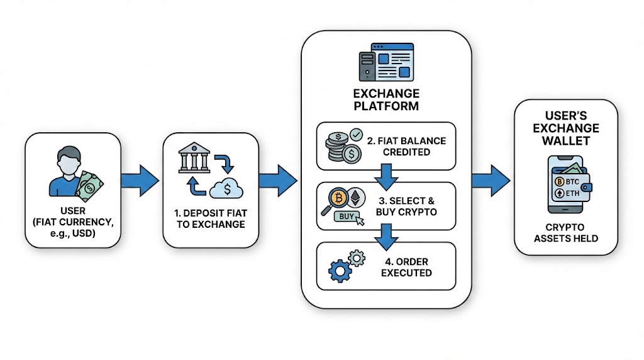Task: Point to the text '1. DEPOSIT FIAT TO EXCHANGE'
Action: [211, 218]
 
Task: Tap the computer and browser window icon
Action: [386, 63]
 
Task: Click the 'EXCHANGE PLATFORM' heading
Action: [386, 99]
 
